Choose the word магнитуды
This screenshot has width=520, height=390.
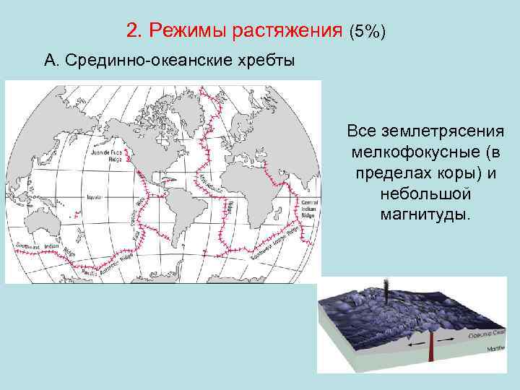(x=424, y=214)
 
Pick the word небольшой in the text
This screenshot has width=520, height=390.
(x=424, y=194)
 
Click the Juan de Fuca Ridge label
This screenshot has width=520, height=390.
(x=105, y=157)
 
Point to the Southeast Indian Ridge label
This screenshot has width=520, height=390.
(x=43, y=250)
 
